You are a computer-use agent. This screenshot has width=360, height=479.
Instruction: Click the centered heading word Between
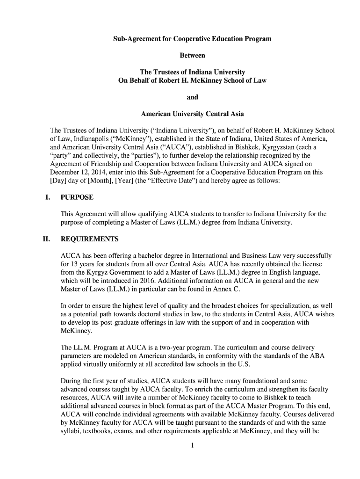pos(192,55)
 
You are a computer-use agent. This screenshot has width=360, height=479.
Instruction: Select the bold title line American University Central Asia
pos(192,114)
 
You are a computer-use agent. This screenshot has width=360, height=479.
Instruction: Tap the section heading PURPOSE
pos(77,197)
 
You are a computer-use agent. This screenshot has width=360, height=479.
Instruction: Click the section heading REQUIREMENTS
pos(90,239)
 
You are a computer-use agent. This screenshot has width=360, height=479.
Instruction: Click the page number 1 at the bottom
pos(192,445)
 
